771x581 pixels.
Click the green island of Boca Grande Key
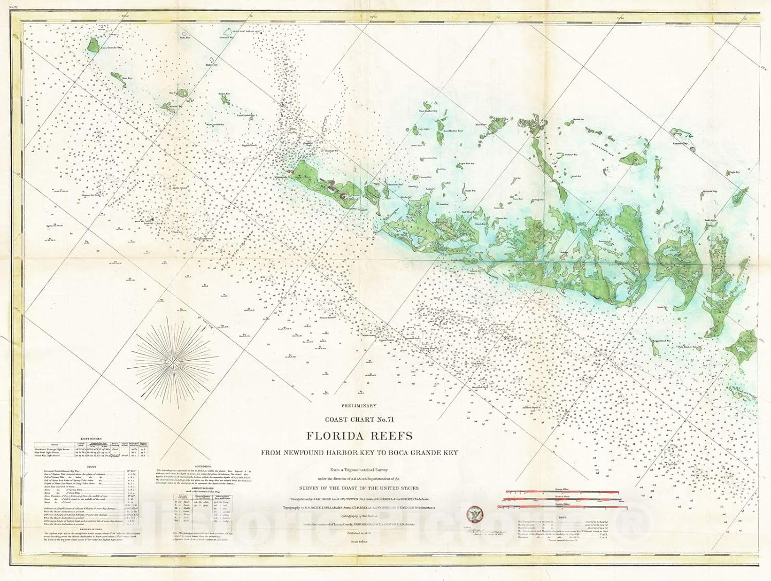pos(93,45)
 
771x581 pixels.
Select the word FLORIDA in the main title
pos(334,436)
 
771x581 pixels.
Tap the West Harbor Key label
pos(428,111)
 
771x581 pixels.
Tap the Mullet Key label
pos(211,65)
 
